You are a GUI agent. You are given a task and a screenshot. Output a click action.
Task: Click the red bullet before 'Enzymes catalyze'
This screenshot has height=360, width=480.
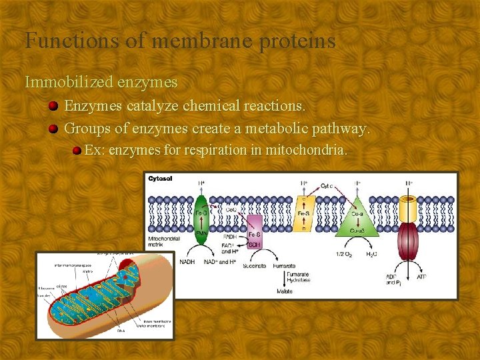click(54, 106)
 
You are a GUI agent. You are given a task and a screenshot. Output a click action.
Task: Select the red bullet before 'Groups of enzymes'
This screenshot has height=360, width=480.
click(54, 128)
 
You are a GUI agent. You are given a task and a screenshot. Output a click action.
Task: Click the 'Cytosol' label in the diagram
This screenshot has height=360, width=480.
click(160, 179)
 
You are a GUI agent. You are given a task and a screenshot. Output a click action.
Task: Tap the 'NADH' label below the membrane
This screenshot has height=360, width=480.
click(187, 261)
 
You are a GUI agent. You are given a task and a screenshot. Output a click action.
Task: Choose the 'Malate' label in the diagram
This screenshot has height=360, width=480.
click(285, 291)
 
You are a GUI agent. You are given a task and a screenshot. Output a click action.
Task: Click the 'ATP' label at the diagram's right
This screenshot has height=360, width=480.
click(421, 276)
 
